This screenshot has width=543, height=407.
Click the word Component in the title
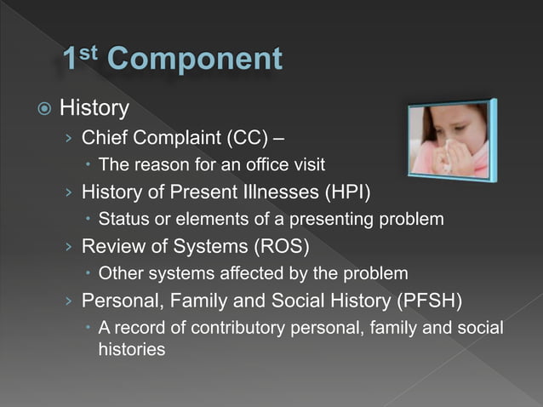coord(196,59)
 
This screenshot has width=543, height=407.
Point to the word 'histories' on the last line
coord(132,349)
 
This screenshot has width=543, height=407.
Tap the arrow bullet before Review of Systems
coord(68,247)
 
